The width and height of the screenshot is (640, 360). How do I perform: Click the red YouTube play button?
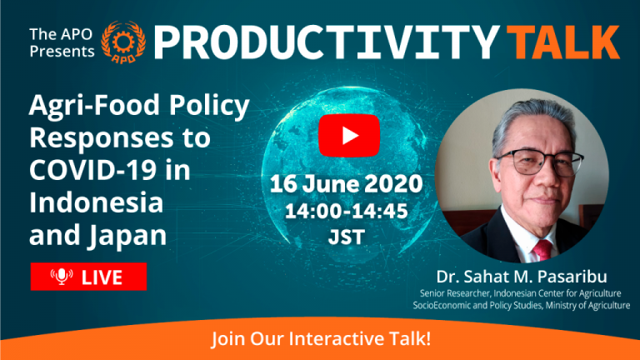pos(349,136)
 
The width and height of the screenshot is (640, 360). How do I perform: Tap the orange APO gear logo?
pos(123,42)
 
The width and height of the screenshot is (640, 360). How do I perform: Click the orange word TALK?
pos(565,42)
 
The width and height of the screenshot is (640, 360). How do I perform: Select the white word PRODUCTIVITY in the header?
pos(327,42)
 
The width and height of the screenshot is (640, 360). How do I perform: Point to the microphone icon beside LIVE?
pos(62,277)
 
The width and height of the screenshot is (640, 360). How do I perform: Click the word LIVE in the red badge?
pos(102,277)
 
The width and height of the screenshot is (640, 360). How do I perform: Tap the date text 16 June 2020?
pos(346,184)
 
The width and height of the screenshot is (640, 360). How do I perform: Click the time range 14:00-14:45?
pos(346,211)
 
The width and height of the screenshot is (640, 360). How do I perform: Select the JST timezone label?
pos(346,237)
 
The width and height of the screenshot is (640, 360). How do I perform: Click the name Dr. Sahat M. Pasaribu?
pos(522,277)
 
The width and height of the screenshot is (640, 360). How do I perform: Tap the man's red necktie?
pos(542,250)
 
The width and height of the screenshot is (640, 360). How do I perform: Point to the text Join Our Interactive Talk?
pos(321,339)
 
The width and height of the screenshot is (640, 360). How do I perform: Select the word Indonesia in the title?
pos(97,202)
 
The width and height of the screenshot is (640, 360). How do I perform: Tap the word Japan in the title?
pos(127,237)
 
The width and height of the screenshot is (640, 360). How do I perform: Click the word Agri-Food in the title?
pos(94,106)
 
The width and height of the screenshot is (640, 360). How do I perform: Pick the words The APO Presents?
pos(62,42)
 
